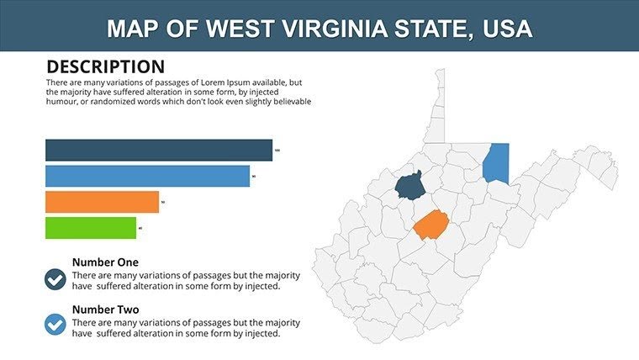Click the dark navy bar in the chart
point(159,150)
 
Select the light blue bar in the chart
point(147,176)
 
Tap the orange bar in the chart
point(102,202)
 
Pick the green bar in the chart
point(91,228)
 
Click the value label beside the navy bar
point(277,151)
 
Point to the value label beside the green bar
point(140,228)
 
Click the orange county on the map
point(430,225)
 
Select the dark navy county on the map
point(409,185)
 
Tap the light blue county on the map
point(496,162)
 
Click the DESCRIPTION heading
point(105,66)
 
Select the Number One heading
point(105,262)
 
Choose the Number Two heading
point(105,309)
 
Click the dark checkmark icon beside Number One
point(55,279)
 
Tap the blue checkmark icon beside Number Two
point(55,324)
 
